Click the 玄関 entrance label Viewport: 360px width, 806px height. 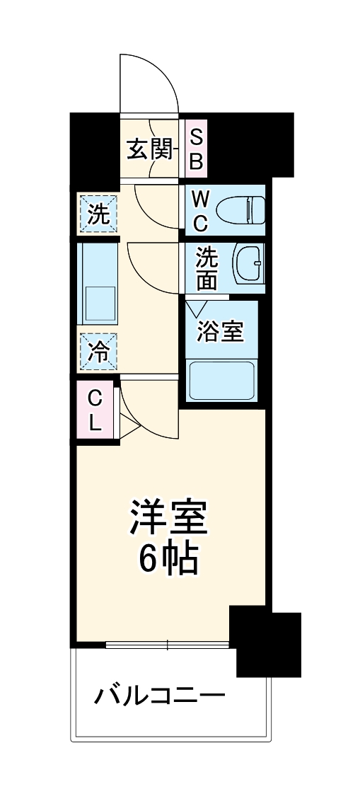tap(149, 149)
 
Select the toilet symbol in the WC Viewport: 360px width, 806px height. tap(241, 210)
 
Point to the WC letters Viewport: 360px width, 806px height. tap(200, 210)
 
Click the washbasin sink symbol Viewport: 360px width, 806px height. tap(248, 265)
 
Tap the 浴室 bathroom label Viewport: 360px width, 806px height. tap(221, 331)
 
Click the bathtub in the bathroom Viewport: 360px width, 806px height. tap(221, 382)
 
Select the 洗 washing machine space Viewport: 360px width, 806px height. tap(98, 214)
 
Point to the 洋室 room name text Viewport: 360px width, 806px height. tap(168, 519)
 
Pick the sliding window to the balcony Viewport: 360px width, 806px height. tap(168, 645)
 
